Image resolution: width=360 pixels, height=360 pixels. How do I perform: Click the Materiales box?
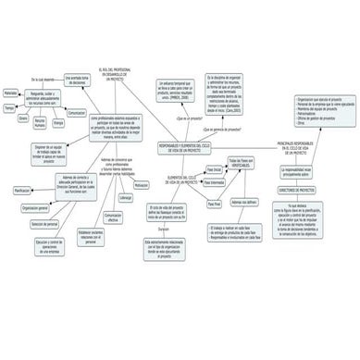click(x=10, y=93)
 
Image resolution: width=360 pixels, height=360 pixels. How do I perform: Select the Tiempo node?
click(x=9, y=108)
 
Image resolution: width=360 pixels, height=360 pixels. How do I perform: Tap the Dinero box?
click(x=23, y=118)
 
